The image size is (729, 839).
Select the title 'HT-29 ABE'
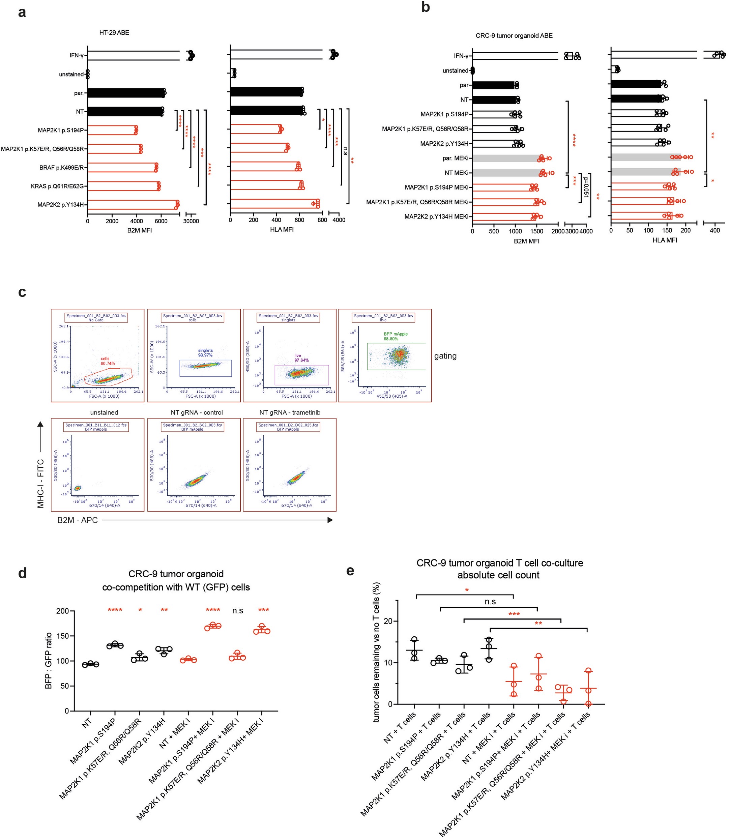click(x=114, y=33)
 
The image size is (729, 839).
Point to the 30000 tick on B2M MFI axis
click(x=191, y=221)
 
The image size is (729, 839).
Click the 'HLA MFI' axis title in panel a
click(x=282, y=230)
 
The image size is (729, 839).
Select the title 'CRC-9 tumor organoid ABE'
click(x=514, y=36)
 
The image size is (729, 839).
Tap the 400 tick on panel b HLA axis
click(x=715, y=230)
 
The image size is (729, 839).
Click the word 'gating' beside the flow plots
click(x=445, y=356)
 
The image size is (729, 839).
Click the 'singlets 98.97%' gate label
click(x=205, y=353)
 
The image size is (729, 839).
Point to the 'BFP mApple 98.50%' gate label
click(x=396, y=336)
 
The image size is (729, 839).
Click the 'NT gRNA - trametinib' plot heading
click(x=290, y=412)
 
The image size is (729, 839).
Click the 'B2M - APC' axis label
click(x=77, y=520)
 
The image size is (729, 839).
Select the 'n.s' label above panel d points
click(x=238, y=610)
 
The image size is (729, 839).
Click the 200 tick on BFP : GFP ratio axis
click(x=63, y=611)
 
